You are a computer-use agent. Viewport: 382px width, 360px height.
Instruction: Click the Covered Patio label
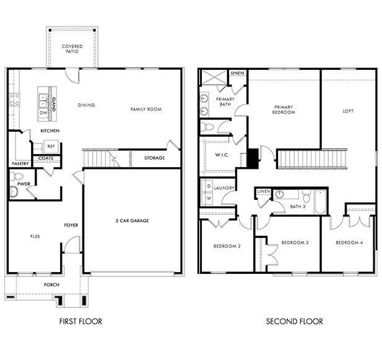pos(72,48)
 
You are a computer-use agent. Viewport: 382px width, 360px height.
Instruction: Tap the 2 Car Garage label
pos(132,220)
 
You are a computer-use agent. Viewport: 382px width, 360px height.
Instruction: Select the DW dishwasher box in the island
pos(43,113)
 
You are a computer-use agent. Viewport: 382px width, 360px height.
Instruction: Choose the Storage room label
pos(154,158)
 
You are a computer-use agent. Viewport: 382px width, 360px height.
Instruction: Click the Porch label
pos(51,285)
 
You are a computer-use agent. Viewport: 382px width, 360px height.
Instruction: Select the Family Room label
pos(145,109)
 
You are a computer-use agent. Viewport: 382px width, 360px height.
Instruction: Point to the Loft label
pos(348,111)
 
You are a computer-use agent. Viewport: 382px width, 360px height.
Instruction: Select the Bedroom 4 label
pos(349,242)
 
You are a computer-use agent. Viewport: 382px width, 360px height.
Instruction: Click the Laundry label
pos(224,187)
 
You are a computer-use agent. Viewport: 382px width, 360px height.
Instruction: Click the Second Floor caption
pos(294,321)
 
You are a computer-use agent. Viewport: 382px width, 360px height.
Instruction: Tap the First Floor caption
pos(80,321)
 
